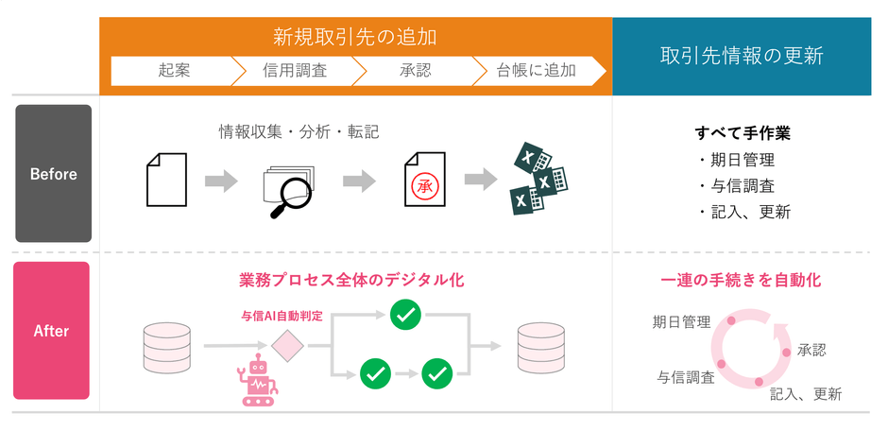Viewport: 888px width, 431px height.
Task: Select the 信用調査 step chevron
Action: pyautogui.click(x=295, y=71)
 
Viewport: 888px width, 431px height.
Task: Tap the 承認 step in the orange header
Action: pyautogui.click(x=415, y=71)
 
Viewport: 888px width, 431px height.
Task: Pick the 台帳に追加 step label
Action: pyautogui.click(x=536, y=71)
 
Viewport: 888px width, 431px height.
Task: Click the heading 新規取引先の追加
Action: pyautogui.click(x=355, y=38)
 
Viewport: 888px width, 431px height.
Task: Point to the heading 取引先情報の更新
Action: pyautogui.click(x=742, y=56)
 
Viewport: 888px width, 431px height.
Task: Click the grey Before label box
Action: pyautogui.click(x=53, y=173)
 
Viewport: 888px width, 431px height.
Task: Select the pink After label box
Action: pyautogui.click(x=52, y=330)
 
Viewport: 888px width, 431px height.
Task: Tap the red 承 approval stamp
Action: pyautogui.click(x=424, y=185)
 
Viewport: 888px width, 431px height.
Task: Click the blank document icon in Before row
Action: pyautogui.click(x=166, y=180)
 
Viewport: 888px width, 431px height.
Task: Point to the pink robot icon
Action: pyautogui.click(x=257, y=380)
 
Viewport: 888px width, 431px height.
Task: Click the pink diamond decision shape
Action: pyautogui.click(x=287, y=345)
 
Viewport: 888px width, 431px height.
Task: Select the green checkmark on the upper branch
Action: pyautogui.click(x=405, y=315)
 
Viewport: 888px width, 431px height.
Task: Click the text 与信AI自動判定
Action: pyautogui.click(x=282, y=316)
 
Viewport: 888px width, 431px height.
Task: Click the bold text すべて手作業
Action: pyautogui.click(x=742, y=133)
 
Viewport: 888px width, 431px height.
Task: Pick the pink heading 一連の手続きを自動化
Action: pyautogui.click(x=741, y=281)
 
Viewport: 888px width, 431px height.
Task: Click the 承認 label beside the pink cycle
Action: pyautogui.click(x=811, y=350)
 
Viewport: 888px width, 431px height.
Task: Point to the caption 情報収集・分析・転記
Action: pyautogui.click(x=299, y=132)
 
